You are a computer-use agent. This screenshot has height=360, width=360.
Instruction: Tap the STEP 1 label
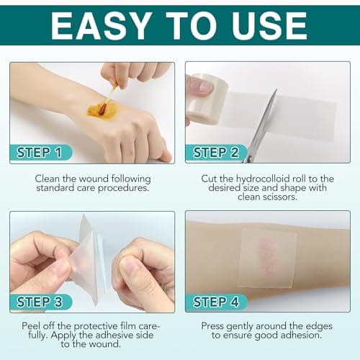[x=44, y=153]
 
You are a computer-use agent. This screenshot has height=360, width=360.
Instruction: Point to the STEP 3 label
[x=44, y=301]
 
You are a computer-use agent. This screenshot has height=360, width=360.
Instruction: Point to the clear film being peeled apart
[x=92, y=256]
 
